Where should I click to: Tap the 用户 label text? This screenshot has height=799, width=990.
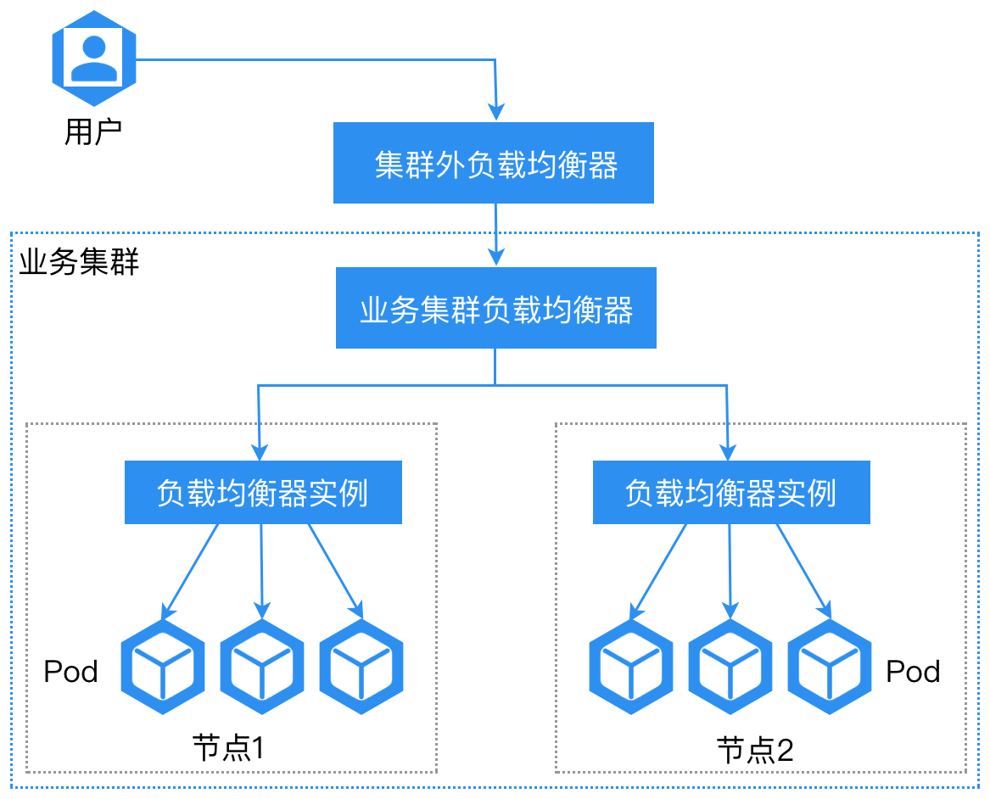[x=93, y=131]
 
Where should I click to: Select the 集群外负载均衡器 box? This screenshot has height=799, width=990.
[x=494, y=163]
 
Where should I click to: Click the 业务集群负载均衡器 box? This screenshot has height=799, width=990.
[x=496, y=308]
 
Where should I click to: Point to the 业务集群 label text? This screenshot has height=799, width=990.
[x=79, y=262]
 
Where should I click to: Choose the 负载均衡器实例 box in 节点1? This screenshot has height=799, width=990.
[x=263, y=492]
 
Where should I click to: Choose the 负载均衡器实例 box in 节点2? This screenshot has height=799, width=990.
[x=731, y=492]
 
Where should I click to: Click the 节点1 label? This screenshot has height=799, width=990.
[x=229, y=747]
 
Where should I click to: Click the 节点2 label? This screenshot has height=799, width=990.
[x=755, y=749]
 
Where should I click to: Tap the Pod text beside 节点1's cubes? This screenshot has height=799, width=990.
[x=71, y=672]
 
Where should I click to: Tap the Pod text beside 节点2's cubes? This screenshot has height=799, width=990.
[x=913, y=672]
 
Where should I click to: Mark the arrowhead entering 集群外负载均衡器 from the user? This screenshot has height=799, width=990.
[x=496, y=112]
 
